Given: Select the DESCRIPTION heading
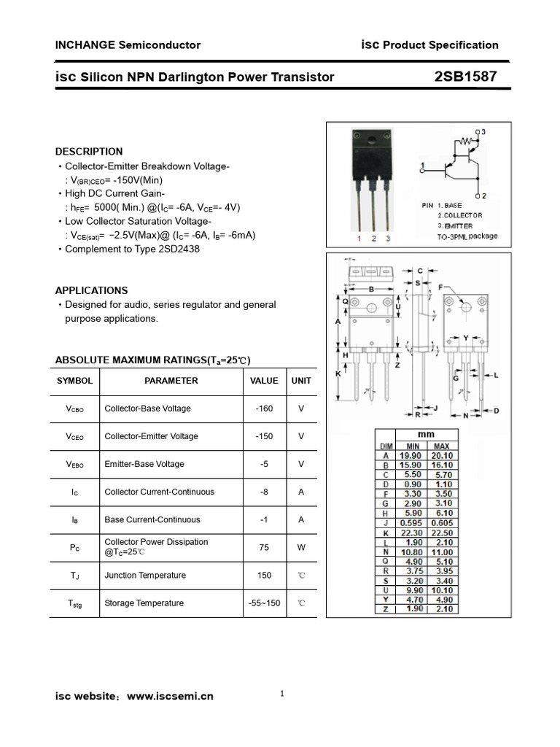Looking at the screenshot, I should (x=89, y=152).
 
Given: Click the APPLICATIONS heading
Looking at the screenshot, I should (x=91, y=290).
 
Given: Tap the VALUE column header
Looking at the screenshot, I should (x=264, y=381).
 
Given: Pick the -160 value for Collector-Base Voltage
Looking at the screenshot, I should (x=264, y=409).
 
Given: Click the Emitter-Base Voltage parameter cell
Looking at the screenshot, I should (x=144, y=464).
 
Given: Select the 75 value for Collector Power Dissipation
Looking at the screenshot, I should (x=264, y=547).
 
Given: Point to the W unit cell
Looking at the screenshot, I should (x=301, y=547).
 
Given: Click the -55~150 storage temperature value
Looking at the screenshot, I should (x=264, y=603).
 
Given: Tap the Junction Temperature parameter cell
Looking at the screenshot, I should (x=145, y=576).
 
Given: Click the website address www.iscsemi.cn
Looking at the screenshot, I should (x=171, y=697).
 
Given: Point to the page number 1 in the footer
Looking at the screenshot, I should (x=281, y=694).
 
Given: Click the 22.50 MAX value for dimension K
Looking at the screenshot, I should (x=441, y=533).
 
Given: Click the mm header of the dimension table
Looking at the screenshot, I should (x=426, y=433).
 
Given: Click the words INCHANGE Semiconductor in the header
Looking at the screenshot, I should (x=128, y=45).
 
